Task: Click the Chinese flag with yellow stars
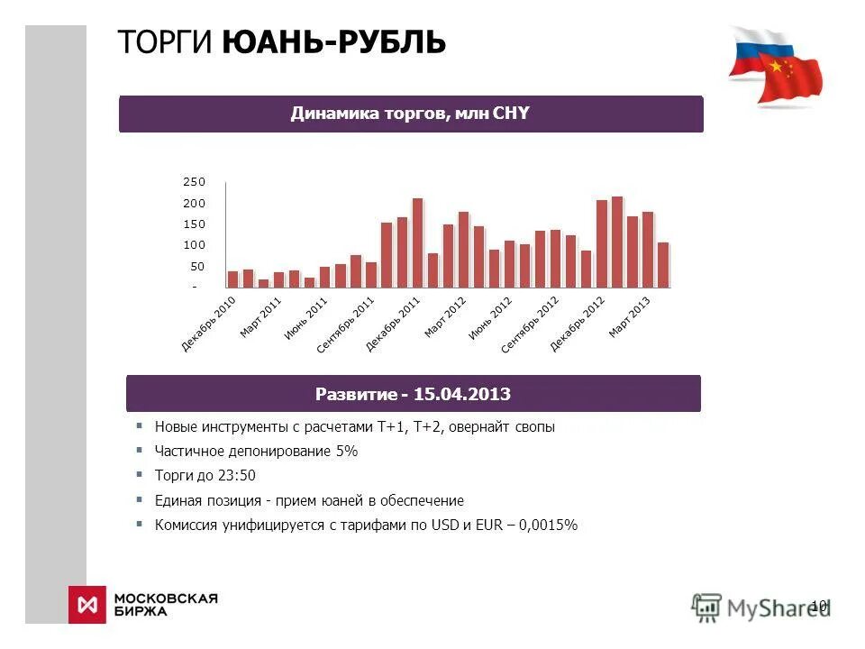791,78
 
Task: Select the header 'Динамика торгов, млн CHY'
410,114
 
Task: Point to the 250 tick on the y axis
195,182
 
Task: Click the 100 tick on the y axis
195,245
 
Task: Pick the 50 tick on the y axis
197,267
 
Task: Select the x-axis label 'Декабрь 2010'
209,323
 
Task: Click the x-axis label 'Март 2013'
630,316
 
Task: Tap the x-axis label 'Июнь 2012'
491,318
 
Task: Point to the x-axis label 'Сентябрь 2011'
346,324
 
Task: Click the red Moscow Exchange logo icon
87,604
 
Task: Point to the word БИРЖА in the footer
141,611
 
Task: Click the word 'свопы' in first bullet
535,426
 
